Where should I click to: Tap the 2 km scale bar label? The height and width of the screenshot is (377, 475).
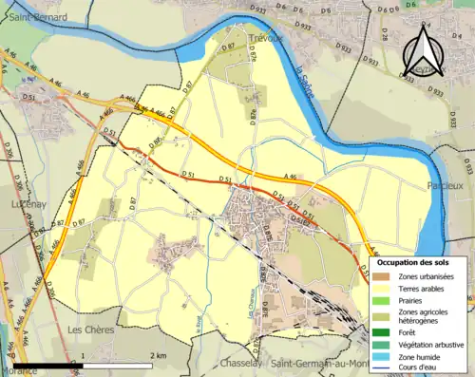click(x=160, y=356)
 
